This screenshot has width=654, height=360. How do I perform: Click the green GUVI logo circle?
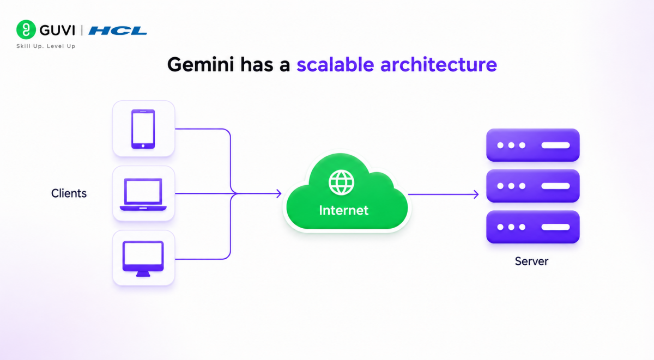[x=26, y=29]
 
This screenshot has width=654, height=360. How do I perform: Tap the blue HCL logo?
[x=117, y=30]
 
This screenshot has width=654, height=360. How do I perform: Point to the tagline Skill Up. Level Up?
[x=46, y=46]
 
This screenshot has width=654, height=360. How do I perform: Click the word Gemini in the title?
[x=201, y=64]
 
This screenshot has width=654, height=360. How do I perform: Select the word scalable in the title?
[x=335, y=64]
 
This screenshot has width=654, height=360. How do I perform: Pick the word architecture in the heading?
[x=439, y=64]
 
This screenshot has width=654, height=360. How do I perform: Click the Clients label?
[x=69, y=193]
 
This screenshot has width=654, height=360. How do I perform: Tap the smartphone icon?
[x=143, y=129]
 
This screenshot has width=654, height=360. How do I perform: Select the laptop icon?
[x=143, y=194]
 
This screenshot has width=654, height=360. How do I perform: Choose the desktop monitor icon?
[x=143, y=259]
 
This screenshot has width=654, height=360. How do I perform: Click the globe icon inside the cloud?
[x=341, y=182]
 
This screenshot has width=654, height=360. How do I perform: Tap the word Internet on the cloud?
[x=344, y=210]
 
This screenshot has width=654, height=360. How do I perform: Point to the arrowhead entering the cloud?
[x=279, y=193]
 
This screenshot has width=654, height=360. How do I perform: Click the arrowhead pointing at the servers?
[x=476, y=194]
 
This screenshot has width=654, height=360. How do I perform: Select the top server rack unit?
[x=533, y=145]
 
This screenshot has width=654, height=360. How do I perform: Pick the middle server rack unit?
[x=533, y=186]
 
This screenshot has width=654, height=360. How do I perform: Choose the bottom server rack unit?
[x=533, y=227]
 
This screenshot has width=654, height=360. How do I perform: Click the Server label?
[x=531, y=261]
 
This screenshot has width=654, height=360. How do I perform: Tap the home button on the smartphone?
[x=143, y=145]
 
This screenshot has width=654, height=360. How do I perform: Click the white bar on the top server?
[x=555, y=145]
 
